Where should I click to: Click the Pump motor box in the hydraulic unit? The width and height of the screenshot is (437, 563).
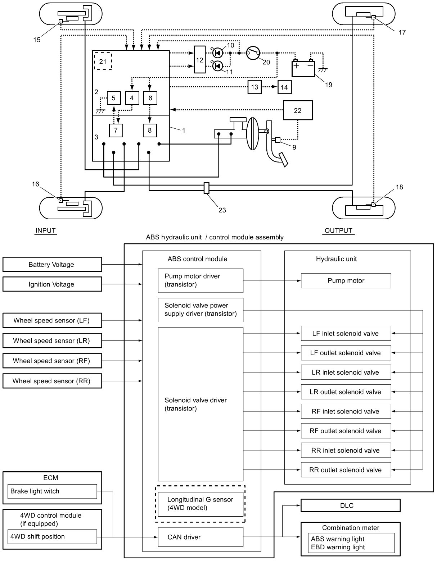(346, 280)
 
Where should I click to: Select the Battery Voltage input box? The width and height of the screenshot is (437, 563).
(52, 264)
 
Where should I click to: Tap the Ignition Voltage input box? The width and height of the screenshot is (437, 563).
(52, 284)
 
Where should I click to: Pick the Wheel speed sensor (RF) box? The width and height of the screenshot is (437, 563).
(52, 361)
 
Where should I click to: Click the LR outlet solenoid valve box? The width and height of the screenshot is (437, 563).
(346, 392)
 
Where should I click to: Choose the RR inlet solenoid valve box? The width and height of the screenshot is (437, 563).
(346, 450)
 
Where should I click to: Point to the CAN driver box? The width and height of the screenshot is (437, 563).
(201, 537)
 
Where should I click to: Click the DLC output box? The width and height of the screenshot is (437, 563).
(350, 505)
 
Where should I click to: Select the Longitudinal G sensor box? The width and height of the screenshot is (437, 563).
(201, 504)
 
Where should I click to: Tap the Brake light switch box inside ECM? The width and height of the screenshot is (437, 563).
(52, 491)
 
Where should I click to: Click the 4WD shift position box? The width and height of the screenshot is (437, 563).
(52, 536)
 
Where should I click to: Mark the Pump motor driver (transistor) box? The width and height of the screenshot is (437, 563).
(201, 280)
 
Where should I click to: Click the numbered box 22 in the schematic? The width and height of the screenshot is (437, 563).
(297, 110)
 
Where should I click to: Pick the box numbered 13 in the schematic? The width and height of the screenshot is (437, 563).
(254, 87)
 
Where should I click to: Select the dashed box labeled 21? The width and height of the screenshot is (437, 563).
(103, 61)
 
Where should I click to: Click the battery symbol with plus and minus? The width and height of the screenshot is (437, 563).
(303, 68)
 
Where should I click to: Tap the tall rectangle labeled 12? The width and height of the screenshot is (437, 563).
(199, 60)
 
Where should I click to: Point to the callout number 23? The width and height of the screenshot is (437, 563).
(222, 210)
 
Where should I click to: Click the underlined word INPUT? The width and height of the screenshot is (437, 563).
(46, 230)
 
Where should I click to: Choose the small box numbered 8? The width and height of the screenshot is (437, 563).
(150, 130)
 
